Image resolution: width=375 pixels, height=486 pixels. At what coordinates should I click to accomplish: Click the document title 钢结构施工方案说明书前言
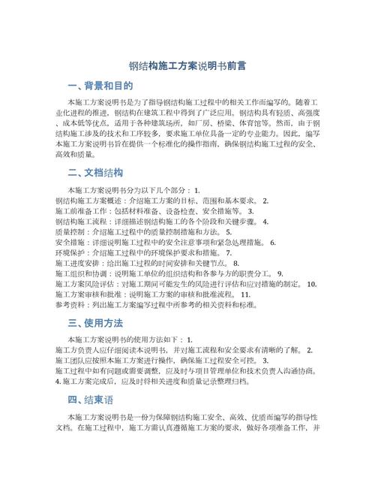tap(187, 66)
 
